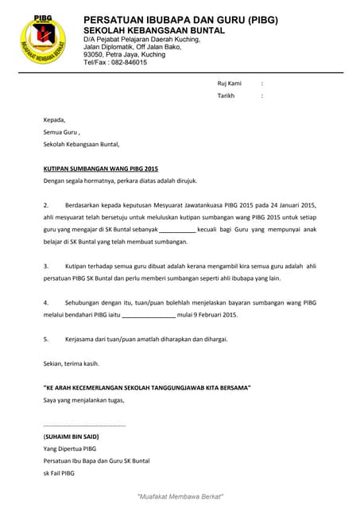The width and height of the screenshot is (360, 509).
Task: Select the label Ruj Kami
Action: [x=230, y=83]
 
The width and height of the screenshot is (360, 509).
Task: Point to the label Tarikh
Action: [x=228, y=95]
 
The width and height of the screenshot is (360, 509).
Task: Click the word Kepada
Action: [x=55, y=119]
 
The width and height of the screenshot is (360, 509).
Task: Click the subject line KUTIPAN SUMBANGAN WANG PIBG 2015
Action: [x=101, y=169]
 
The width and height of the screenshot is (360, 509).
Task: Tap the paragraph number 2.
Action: [x=46, y=204]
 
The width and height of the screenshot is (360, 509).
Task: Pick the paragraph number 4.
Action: [x=46, y=303]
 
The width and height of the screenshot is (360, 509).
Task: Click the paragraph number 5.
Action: [x=46, y=339]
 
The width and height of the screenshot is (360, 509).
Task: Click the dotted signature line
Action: [x=84, y=425]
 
